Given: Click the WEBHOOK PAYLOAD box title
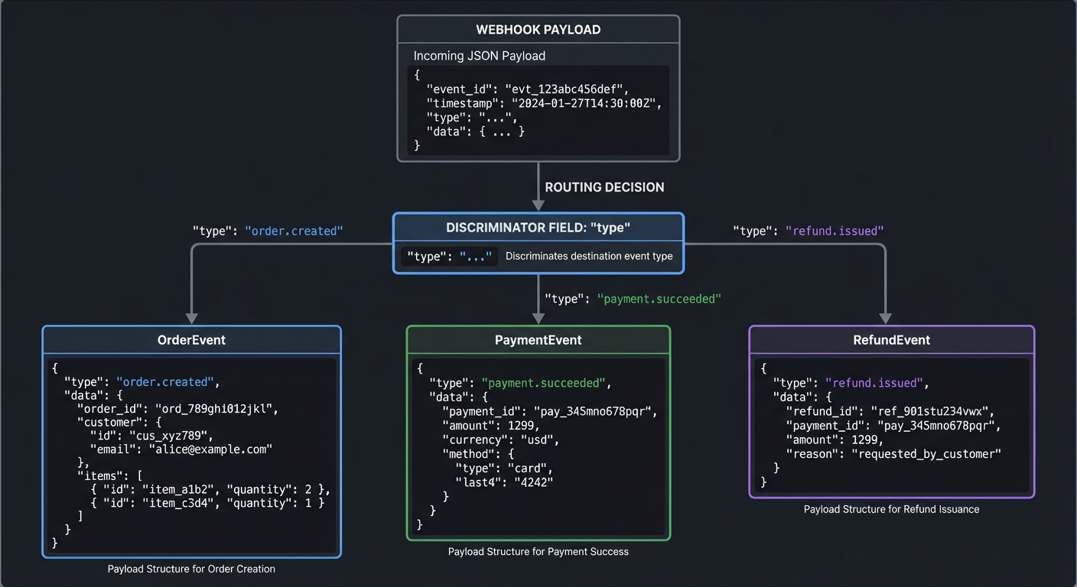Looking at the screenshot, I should (538, 30).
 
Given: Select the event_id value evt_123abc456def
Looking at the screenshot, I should (566, 89).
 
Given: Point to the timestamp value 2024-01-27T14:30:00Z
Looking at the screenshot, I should (587, 103).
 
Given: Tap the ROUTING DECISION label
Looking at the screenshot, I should (604, 187).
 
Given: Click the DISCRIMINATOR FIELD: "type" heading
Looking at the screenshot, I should (538, 228).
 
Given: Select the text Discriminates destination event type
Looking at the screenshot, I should (589, 256).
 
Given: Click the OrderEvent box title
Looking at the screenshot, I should (191, 340).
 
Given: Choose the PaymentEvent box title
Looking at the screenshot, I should (538, 340).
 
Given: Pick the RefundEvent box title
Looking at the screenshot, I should (891, 340).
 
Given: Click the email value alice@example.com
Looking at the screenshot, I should (210, 449).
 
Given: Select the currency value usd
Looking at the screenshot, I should (538, 440).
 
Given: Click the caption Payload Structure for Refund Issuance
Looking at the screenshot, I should (891, 509).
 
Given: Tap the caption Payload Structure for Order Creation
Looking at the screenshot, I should (191, 569).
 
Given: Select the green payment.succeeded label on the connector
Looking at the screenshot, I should (659, 299).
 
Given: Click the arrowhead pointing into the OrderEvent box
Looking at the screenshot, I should (191, 318).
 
